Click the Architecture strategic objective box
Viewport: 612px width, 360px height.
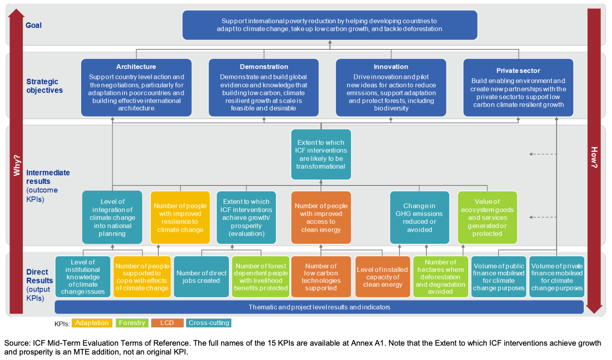(x=136, y=88)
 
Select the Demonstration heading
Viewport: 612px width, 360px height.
(x=264, y=67)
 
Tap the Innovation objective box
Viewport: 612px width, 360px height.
(x=391, y=88)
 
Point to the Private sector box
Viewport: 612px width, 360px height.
(x=518, y=88)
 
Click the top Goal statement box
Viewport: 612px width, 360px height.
(x=329, y=25)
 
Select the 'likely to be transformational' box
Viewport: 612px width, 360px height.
(x=321, y=154)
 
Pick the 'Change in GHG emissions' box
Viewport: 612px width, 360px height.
(x=419, y=218)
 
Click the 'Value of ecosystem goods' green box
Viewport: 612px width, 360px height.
(x=487, y=218)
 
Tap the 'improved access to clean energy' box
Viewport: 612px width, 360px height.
(x=321, y=218)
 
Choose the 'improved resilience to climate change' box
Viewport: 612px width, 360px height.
(x=180, y=218)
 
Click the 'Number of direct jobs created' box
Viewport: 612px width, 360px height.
(x=201, y=277)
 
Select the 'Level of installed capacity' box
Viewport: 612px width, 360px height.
(x=383, y=277)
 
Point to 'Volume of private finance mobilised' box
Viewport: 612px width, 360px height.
(x=556, y=277)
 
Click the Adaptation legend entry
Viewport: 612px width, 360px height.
(x=92, y=323)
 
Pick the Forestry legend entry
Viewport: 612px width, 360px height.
(x=132, y=323)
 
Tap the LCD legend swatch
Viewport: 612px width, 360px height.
(x=167, y=323)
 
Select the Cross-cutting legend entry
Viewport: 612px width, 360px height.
(x=209, y=323)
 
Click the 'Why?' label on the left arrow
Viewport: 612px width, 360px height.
(x=17, y=165)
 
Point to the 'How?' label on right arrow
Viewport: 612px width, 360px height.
(x=594, y=158)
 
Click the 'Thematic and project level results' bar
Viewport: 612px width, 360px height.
(x=319, y=307)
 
